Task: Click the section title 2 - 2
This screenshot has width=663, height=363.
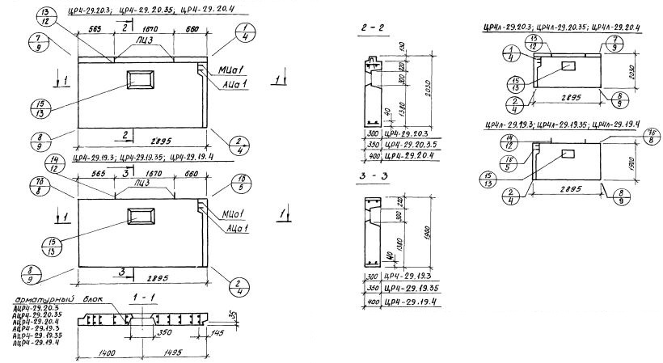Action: pyautogui.click(x=377, y=27)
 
